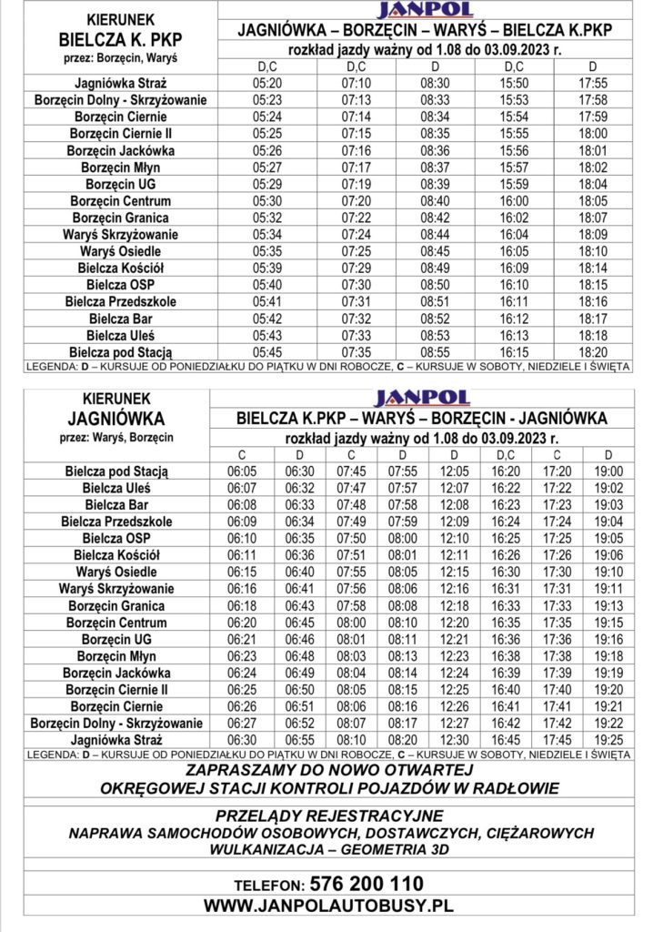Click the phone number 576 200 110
click(367, 884)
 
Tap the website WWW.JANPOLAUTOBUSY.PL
click(327, 906)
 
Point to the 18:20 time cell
click(592, 351)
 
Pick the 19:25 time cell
click(608, 740)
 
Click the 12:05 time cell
click(455, 471)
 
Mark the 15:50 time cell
click(514, 83)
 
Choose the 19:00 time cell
click(608, 471)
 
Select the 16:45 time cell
click(506, 740)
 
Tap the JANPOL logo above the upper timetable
click(425, 10)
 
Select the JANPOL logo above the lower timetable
click(422, 398)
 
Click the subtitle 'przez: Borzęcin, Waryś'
click(118, 57)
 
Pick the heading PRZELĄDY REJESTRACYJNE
click(329, 815)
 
